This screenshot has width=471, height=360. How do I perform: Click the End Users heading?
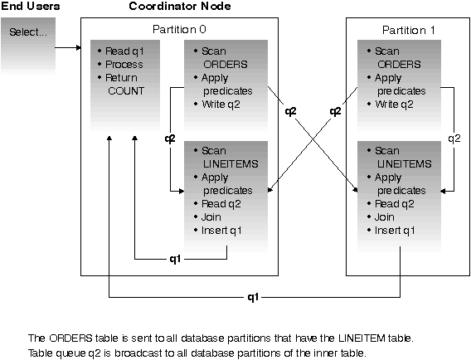(31, 6)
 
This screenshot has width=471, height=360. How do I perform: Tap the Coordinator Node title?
(180, 6)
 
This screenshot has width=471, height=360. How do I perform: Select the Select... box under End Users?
(28, 46)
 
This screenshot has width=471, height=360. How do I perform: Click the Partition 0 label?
(179, 29)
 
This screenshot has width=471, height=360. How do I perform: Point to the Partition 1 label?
(408, 30)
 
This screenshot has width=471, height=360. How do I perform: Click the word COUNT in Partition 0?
(126, 90)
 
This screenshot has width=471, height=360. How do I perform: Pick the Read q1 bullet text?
(124, 51)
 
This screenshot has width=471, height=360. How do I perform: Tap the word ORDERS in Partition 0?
(226, 65)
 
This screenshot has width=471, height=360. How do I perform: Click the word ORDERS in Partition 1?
(399, 65)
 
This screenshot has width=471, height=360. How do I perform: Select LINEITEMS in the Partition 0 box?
(231, 163)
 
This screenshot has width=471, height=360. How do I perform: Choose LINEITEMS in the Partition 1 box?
(405, 163)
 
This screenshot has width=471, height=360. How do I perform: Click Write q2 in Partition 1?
(394, 105)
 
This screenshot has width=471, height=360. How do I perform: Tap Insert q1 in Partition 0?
(221, 231)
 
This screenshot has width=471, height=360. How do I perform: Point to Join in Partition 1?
(384, 217)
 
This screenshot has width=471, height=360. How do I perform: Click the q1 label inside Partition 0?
(175, 259)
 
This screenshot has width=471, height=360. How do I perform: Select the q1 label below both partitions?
(253, 297)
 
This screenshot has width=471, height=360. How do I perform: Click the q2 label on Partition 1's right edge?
(454, 139)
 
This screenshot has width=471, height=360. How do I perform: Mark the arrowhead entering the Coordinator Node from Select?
(79, 47)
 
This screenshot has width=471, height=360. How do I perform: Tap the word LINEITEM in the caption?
(362, 338)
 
